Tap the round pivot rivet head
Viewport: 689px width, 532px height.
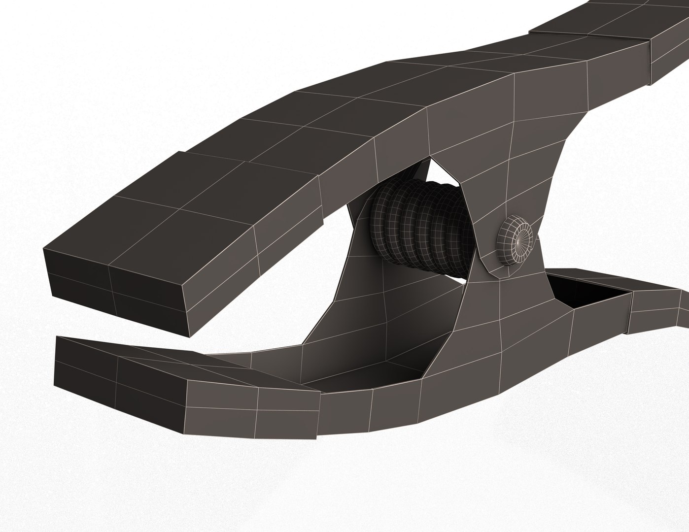point(516,240)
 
